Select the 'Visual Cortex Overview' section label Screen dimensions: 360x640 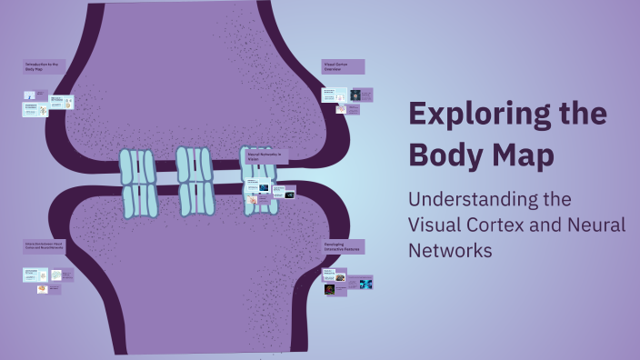coord(343,66)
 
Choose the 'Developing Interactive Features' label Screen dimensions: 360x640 coord(344,246)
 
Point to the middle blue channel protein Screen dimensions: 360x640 coord(195,181)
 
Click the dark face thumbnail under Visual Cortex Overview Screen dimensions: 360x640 coord(355,95)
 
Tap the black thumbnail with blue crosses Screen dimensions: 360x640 coord(365,284)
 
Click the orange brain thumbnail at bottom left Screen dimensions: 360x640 coord(42,289)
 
